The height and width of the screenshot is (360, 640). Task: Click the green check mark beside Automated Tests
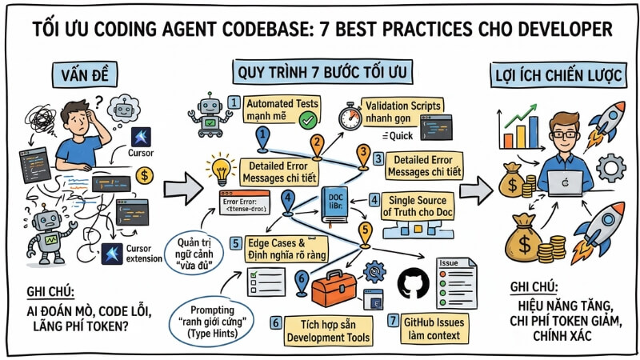click(306, 119)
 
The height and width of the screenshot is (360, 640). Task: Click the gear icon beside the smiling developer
click(611, 169)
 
